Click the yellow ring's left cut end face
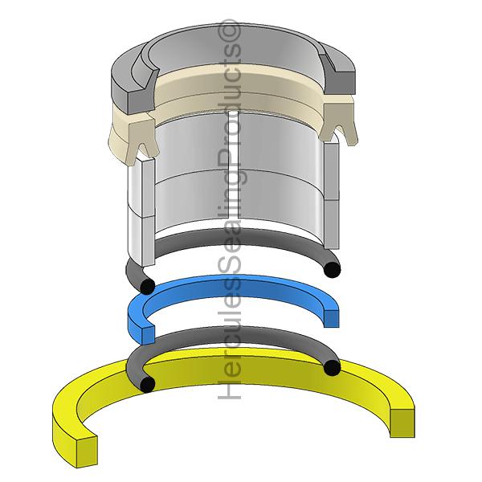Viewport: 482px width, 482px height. [x=87, y=451]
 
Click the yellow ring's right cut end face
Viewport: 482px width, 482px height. [x=402, y=423]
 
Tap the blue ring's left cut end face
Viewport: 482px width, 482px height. [x=149, y=335]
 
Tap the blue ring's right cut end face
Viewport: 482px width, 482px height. [x=331, y=318]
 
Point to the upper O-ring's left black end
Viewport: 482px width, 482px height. [x=147, y=287]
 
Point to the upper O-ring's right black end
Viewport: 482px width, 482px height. [x=333, y=270]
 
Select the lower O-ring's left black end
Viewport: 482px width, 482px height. [x=147, y=384]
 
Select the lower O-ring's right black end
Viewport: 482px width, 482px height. [x=332, y=368]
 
